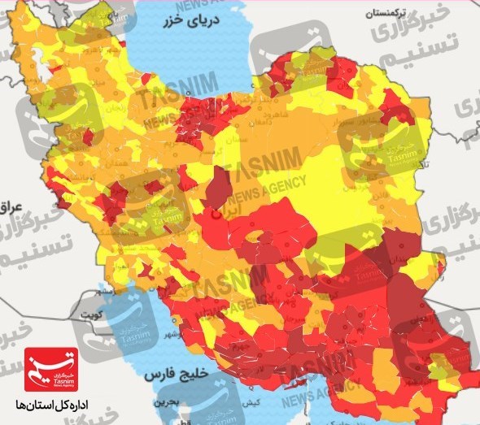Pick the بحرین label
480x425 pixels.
tap(166, 401)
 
